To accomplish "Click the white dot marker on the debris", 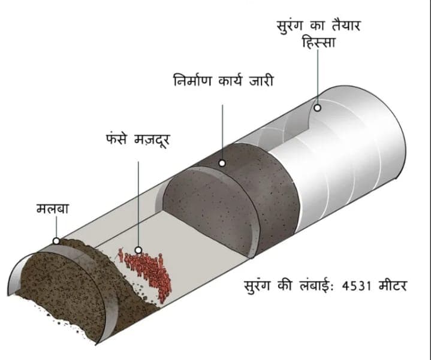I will [x=56, y=241].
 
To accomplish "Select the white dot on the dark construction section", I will [x=221, y=162].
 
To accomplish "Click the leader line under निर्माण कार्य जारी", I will [x=221, y=132].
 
